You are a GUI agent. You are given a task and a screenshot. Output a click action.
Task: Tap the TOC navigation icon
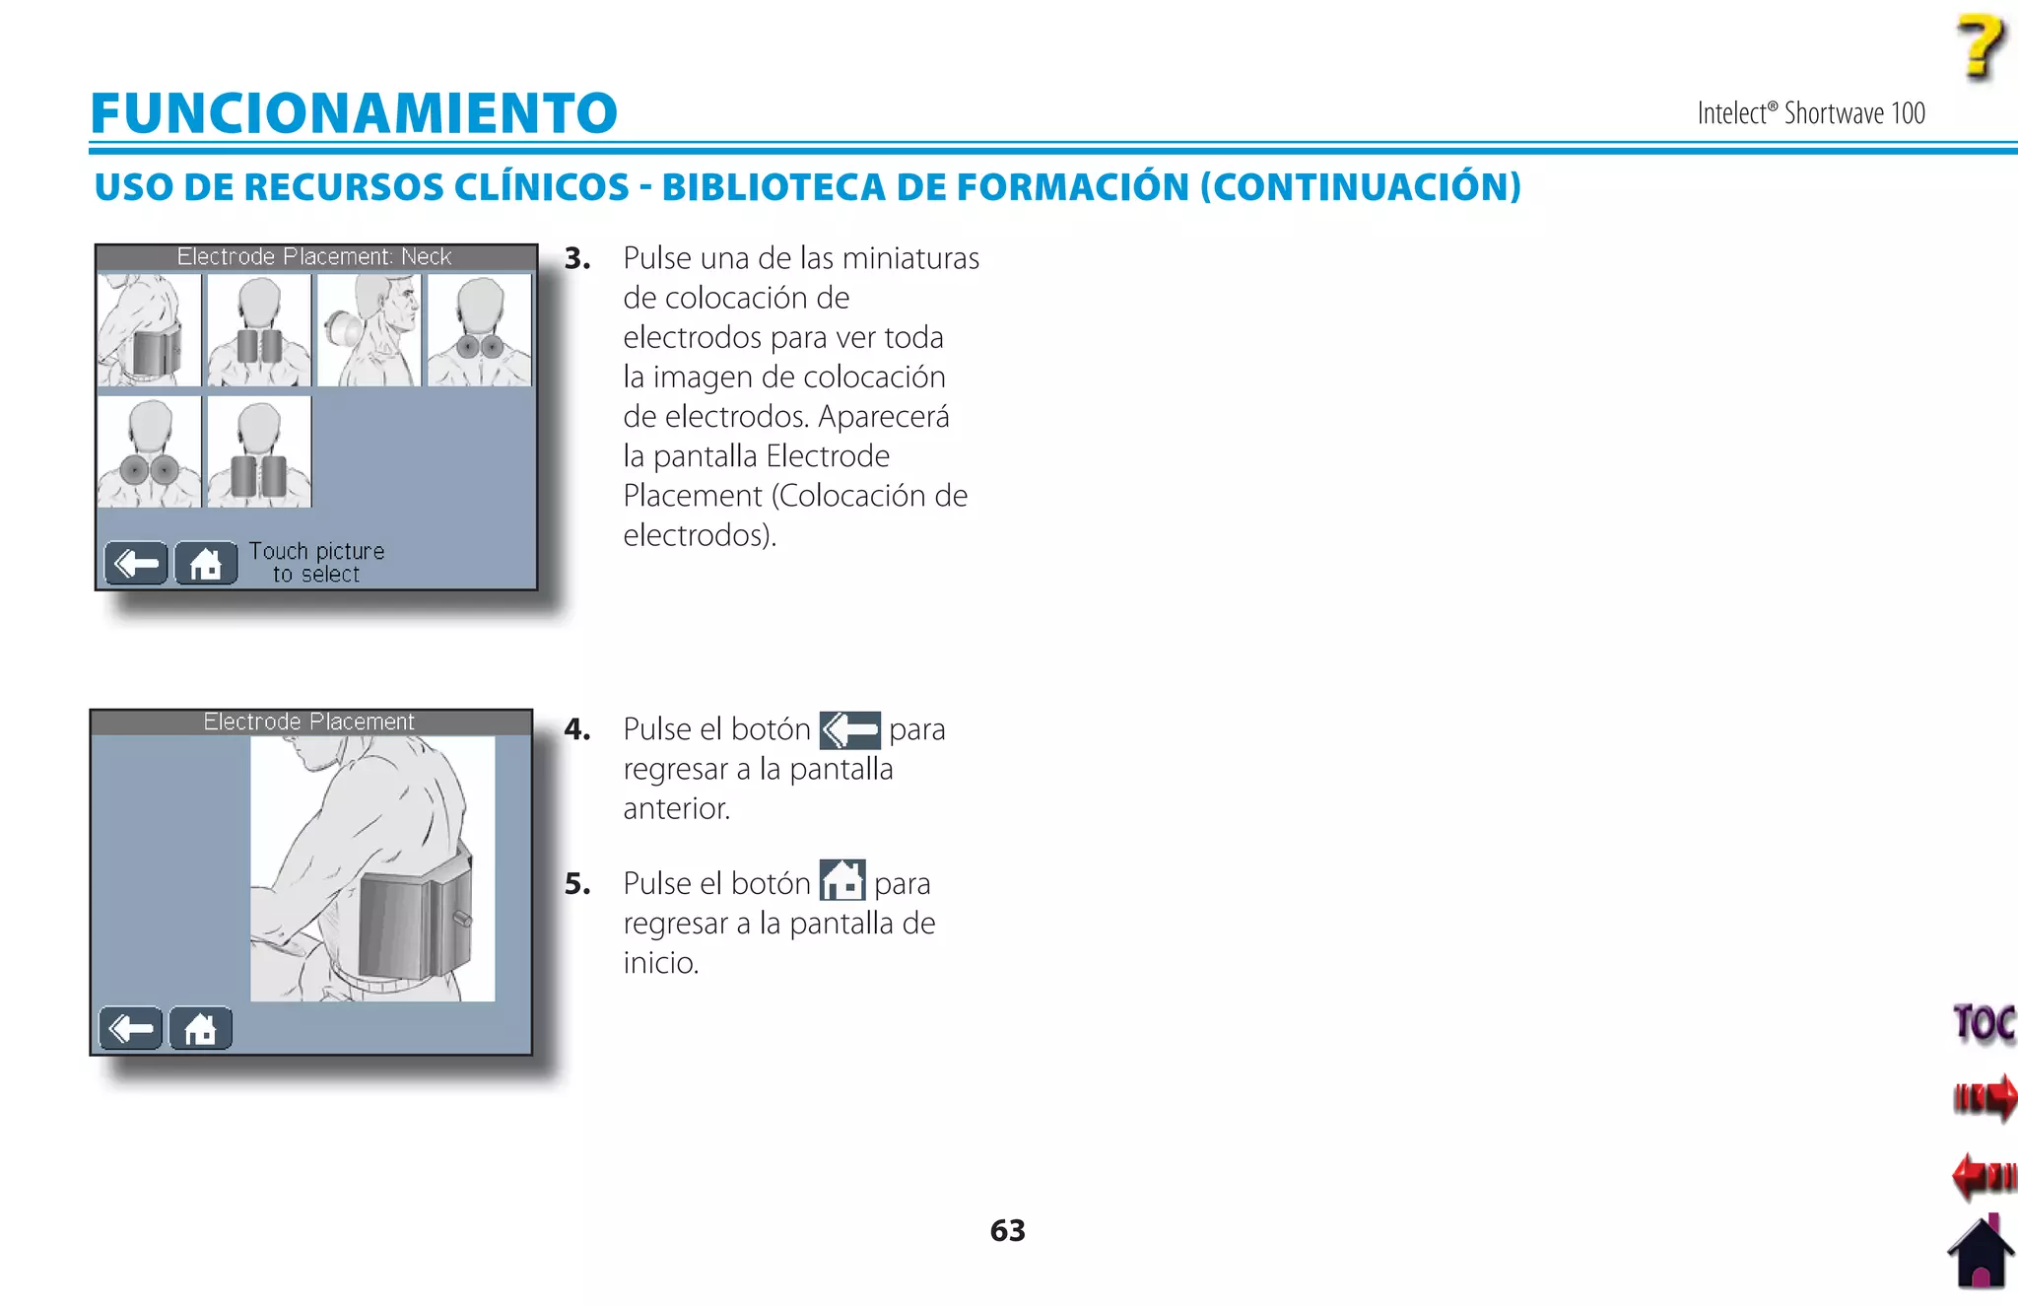click(x=1984, y=1023)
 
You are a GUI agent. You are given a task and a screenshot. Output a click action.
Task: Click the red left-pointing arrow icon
click(x=1984, y=1175)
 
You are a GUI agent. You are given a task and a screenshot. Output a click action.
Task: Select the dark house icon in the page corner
click(x=1981, y=1254)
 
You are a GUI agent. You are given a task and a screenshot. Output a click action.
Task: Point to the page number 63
click(x=1007, y=1230)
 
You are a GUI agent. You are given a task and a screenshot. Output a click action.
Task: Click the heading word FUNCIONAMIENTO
click(x=354, y=112)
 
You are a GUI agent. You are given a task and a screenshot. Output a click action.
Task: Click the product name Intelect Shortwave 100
click(x=1810, y=113)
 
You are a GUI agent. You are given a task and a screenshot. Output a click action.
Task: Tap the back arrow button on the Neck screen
click(x=136, y=563)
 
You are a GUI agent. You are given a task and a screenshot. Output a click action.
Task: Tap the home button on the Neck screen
click(x=206, y=563)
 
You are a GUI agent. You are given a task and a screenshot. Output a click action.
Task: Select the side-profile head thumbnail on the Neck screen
click(x=370, y=330)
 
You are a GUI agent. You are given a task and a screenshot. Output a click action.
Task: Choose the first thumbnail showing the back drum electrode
click(x=149, y=330)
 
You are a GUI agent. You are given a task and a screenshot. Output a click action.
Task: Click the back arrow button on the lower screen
click(x=130, y=1028)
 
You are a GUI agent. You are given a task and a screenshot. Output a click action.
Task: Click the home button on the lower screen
click(x=200, y=1028)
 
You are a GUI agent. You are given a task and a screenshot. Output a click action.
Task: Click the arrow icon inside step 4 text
click(x=849, y=730)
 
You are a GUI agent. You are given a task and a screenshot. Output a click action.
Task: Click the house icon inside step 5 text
click(x=842, y=880)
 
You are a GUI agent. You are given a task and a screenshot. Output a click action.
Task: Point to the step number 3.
click(x=577, y=258)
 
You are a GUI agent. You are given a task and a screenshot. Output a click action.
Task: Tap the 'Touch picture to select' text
click(x=316, y=562)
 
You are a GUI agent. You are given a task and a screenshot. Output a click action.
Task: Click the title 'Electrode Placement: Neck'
click(x=314, y=256)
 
